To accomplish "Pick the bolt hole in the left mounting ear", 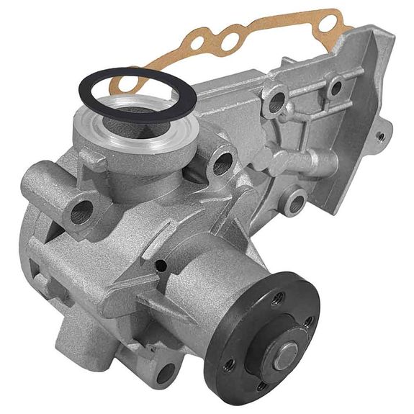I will (82, 211).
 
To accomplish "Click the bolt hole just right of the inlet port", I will (222, 164).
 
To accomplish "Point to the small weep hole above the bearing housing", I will (162, 267).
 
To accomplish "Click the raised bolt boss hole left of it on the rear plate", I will (275, 102).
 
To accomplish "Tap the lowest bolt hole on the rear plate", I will (294, 202).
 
